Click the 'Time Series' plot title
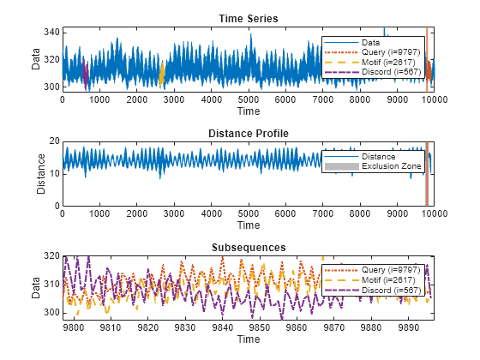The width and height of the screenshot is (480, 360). click(248, 19)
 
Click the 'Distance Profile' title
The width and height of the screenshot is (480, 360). click(248, 134)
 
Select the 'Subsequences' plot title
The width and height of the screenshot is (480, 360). click(248, 248)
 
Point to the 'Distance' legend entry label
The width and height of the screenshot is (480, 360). click(379, 157)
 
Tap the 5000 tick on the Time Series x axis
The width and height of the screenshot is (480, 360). click(248, 99)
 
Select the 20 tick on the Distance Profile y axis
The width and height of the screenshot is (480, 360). click(53, 141)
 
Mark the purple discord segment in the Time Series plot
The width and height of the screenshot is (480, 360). click(86, 74)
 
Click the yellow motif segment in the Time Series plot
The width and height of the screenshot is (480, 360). click(161, 75)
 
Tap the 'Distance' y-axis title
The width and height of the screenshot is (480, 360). click(42, 174)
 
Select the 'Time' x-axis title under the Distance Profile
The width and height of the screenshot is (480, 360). click(248, 225)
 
